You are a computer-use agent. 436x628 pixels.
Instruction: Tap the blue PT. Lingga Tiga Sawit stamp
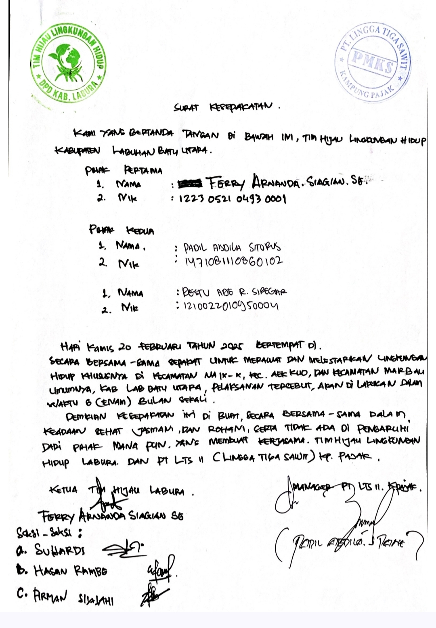pos(372,63)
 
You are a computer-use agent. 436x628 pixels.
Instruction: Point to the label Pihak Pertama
pos(124,170)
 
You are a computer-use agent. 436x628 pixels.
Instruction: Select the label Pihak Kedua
pos(122,230)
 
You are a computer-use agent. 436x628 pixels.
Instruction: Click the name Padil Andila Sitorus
pos(232,247)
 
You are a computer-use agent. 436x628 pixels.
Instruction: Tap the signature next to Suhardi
pos(123,548)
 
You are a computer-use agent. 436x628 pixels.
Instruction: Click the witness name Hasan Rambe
pos(70,571)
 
